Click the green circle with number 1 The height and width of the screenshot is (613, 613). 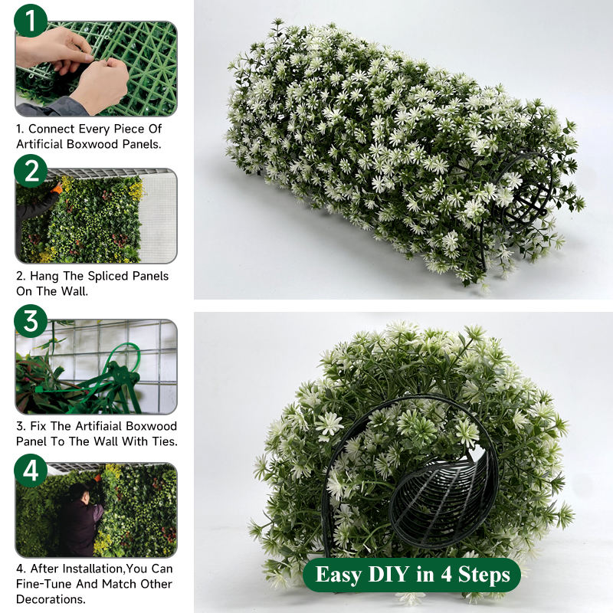click(x=31, y=21)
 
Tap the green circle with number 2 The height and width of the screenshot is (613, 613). click(x=31, y=171)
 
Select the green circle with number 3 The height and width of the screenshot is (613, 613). click(x=31, y=321)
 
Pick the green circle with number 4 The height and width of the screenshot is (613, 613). click(x=31, y=470)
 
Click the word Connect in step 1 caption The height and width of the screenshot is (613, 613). click(x=51, y=129)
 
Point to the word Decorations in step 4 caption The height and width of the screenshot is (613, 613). click(x=51, y=599)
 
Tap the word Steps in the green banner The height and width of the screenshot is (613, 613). click(x=484, y=575)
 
